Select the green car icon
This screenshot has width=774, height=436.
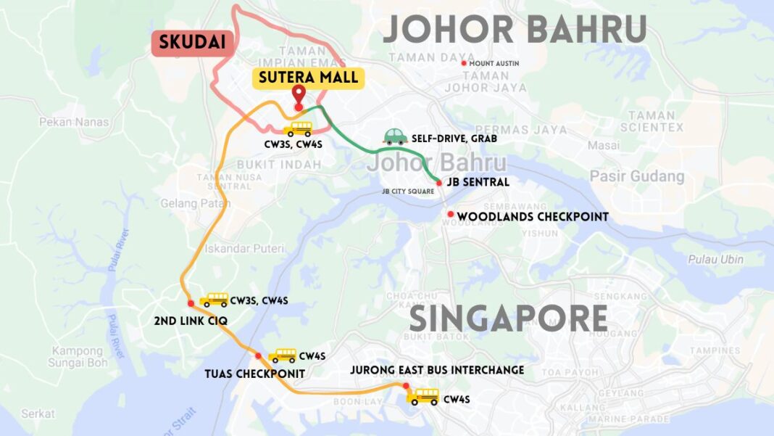[394, 136]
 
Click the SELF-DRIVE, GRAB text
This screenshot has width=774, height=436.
[449, 138]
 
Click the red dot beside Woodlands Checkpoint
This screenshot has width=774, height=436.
[451, 215]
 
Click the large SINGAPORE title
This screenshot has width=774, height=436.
[508, 318]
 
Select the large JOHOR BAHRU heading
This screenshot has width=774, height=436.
[515, 30]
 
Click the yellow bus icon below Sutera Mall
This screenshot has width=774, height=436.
[297, 129]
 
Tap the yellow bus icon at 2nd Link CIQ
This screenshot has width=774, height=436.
[214, 300]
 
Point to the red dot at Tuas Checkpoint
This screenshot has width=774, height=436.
[259, 355]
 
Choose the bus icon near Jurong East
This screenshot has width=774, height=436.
[423, 397]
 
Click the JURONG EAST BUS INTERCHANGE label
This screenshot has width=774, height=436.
[437, 370]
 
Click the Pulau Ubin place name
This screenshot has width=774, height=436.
[716, 260]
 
